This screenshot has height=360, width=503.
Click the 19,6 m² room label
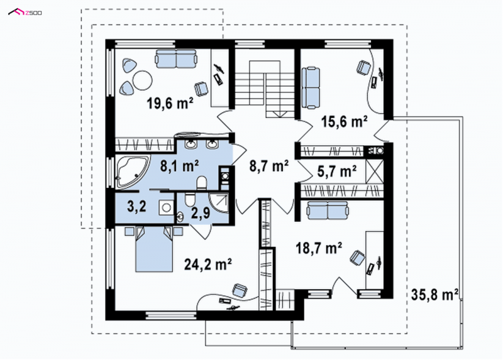(x=170, y=104)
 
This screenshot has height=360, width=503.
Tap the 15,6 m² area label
(x=344, y=122)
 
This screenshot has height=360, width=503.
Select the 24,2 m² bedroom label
(x=208, y=264)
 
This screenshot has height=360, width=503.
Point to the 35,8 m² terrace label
(x=434, y=294)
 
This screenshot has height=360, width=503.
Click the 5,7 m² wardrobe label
(x=337, y=172)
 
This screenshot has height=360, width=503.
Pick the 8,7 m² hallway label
(x=268, y=166)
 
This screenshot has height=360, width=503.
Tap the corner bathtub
(x=133, y=172)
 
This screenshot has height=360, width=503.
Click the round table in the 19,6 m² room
(x=143, y=80)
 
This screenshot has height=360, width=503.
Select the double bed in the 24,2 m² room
(x=153, y=249)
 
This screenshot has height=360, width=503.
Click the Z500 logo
(x=25, y=13)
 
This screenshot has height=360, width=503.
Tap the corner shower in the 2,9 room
(x=218, y=202)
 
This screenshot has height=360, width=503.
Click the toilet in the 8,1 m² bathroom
(x=202, y=183)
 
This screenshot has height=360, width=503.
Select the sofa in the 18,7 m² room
(x=327, y=210)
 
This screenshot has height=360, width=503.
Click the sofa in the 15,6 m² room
(x=311, y=87)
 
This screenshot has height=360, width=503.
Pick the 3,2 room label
(x=136, y=207)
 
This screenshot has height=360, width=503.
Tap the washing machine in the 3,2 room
(x=166, y=208)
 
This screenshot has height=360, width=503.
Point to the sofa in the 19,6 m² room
(x=176, y=58)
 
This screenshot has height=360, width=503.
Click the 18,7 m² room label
(x=319, y=248)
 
